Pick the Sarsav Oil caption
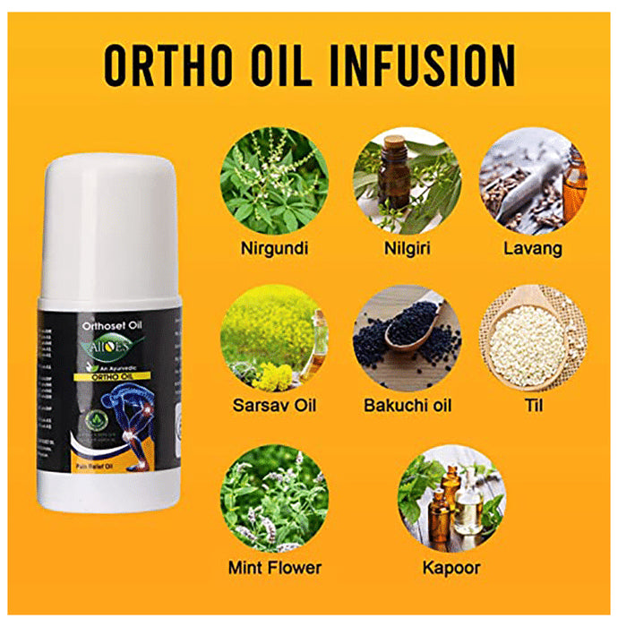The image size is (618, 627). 274,406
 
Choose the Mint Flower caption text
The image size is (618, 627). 274,567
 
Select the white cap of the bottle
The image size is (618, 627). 109,215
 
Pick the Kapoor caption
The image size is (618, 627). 452,567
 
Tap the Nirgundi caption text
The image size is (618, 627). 274,248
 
